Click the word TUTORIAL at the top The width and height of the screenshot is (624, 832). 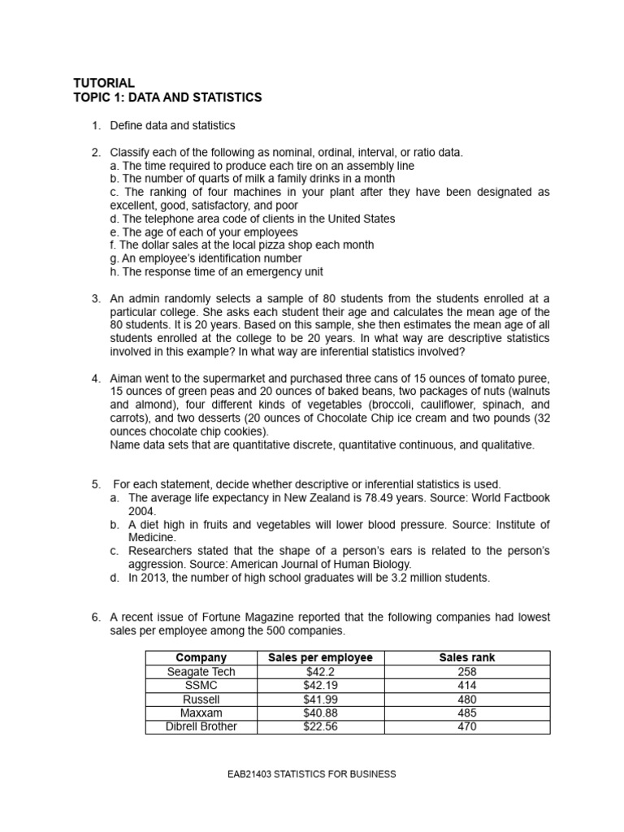(x=104, y=83)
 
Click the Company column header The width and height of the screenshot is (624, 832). (x=201, y=657)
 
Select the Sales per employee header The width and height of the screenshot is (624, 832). (x=320, y=657)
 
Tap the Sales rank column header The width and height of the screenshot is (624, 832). (x=466, y=657)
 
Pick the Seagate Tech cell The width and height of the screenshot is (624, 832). (x=201, y=671)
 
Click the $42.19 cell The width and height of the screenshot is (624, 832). (x=320, y=685)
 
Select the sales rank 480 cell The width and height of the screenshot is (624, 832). (x=466, y=699)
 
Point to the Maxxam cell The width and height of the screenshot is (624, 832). (x=201, y=713)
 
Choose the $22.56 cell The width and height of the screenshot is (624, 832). (x=320, y=726)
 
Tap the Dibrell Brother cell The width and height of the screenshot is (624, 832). (x=201, y=726)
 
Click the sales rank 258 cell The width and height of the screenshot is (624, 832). (x=466, y=671)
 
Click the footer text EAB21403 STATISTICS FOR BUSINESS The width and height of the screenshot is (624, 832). (x=312, y=774)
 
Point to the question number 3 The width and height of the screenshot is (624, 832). (x=95, y=299)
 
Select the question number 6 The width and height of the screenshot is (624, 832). (x=95, y=616)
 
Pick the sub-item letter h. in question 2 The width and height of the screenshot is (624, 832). (x=114, y=271)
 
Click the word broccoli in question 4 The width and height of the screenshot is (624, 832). (x=392, y=405)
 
